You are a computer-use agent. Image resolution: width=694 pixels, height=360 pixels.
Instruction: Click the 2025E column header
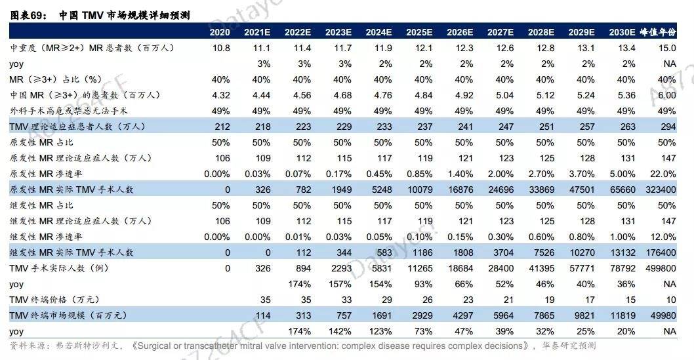click(419, 32)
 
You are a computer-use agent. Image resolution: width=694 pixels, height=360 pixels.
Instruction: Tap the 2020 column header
click(220, 32)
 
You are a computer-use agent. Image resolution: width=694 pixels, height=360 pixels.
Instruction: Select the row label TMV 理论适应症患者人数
click(77, 127)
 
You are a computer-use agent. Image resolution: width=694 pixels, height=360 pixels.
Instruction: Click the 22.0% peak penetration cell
click(663, 174)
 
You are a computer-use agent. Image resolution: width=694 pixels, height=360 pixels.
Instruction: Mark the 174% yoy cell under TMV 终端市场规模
click(298, 331)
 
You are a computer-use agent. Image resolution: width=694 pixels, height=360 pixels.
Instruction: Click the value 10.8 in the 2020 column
click(221, 48)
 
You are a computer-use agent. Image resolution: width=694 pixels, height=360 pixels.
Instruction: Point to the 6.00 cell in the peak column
click(666, 95)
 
